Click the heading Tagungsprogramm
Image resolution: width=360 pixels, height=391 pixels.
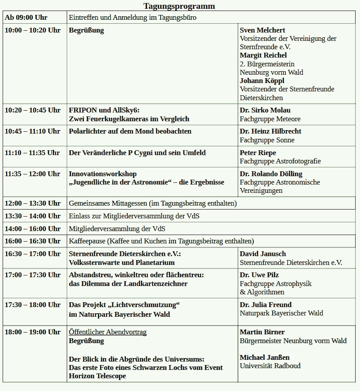[179, 6]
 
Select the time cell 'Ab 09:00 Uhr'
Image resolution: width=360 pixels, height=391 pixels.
[26, 18]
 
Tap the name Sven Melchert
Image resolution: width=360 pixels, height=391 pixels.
[262, 30]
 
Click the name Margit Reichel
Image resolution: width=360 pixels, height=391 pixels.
[263, 55]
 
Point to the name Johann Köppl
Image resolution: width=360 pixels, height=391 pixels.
[262, 81]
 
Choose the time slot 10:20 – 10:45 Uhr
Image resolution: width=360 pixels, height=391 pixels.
[32, 110]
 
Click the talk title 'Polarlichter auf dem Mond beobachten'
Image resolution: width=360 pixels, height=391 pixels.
[130, 131]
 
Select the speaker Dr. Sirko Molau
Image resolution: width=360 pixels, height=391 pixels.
[265, 110]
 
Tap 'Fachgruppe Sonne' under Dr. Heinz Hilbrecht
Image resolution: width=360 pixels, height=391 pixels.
[267, 140]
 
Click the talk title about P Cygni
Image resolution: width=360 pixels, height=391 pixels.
[137, 153]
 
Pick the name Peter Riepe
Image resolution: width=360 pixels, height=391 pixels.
[258, 153]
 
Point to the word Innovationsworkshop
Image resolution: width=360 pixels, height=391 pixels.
[103, 174]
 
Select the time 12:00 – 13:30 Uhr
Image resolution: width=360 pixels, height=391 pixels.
[32, 203]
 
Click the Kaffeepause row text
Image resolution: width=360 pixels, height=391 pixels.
[161, 241]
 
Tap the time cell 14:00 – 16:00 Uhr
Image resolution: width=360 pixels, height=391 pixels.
[32, 228]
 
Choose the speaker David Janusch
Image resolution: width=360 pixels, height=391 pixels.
[263, 254]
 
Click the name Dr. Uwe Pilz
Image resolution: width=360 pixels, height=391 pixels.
[259, 275]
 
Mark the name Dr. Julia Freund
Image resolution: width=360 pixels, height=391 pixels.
[265, 305]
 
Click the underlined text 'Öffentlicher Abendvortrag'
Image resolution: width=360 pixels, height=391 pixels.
[108, 332]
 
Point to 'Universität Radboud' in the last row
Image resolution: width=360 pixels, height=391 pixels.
[270, 366]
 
